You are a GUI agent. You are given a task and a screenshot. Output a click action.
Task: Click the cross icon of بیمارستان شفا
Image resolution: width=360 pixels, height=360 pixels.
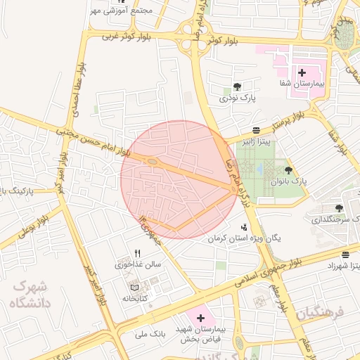(302, 72)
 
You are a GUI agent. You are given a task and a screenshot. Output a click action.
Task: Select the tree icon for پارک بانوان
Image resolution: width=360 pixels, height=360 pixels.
(288, 170)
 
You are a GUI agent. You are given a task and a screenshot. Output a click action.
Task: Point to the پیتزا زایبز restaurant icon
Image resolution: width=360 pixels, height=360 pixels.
(256, 130)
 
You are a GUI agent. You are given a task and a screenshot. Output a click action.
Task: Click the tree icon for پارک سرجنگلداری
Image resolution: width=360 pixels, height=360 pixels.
(339, 208)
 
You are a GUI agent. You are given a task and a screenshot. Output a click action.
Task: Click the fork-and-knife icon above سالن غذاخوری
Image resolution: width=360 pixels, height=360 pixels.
(138, 254)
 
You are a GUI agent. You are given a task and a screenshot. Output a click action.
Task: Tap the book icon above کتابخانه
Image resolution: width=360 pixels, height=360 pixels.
(134, 288)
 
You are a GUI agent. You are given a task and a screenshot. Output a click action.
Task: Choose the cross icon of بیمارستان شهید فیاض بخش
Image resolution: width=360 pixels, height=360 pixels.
(200, 318)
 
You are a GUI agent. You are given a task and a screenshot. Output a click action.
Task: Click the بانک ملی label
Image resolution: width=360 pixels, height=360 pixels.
(152, 334)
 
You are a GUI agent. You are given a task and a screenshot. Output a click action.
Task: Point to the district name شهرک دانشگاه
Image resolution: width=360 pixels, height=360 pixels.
(28, 295)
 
